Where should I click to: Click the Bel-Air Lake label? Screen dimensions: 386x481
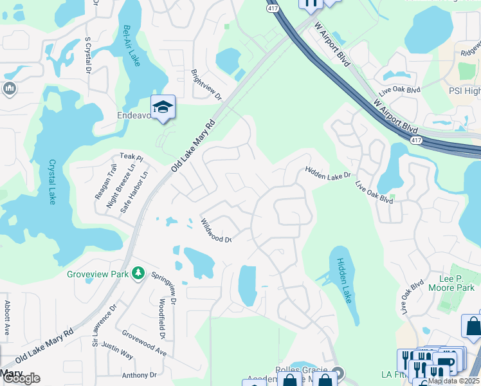(x=131, y=46)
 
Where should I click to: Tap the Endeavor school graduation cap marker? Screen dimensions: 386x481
(x=163, y=107)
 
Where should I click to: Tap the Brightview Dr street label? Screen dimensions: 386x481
(x=206, y=85)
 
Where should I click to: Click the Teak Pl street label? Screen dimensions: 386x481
(x=131, y=157)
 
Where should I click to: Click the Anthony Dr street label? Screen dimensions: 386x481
(x=140, y=374)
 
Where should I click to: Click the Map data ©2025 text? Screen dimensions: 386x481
(x=453, y=381)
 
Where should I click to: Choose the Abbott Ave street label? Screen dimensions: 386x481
(x=8, y=316)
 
